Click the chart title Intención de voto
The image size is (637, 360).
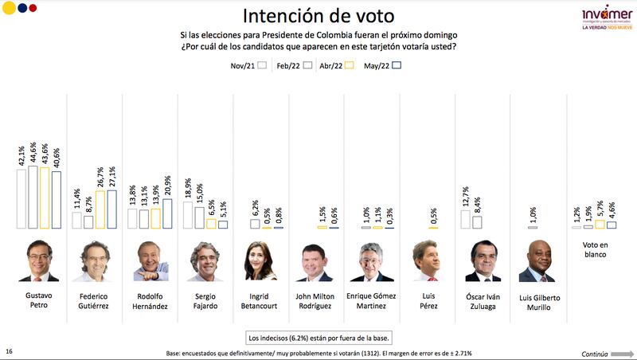click(318, 16)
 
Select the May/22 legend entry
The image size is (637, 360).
click(381, 68)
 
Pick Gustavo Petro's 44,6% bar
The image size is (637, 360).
click(33, 197)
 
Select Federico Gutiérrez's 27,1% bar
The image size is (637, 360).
click(111, 209)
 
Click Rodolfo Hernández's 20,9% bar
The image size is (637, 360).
click(166, 213)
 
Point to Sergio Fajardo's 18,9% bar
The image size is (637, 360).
click(188, 215)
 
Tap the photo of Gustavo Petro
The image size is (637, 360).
click(38, 260)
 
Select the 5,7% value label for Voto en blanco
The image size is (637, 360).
click(600, 209)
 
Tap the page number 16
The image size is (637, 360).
click(9, 350)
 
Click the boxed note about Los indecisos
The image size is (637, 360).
click(318, 336)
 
